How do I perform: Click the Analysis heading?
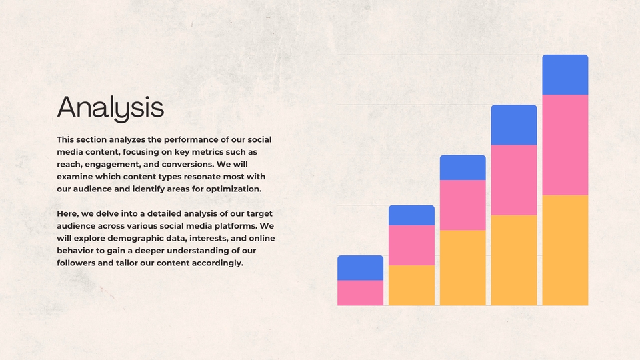pyautogui.click(x=110, y=107)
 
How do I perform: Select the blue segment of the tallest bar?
pyautogui.click(x=565, y=75)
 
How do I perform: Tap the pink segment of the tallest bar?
pyautogui.click(x=565, y=145)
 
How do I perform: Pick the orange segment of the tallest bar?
pyautogui.click(x=565, y=250)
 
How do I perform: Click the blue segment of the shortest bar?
pyautogui.click(x=360, y=268)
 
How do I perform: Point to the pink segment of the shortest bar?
pyautogui.click(x=360, y=293)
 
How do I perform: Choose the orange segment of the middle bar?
pyautogui.click(x=463, y=267)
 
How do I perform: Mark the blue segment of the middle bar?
pyautogui.click(x=463, y=167)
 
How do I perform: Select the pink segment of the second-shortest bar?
pyautogui.click(x=411, y=245)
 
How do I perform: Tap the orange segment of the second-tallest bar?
pyautogui.click(x=514, y=260)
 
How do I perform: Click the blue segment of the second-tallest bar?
pyautogui.click(x=514, y=125)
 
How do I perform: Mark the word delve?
pyautogui.click(x=111, y=213)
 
